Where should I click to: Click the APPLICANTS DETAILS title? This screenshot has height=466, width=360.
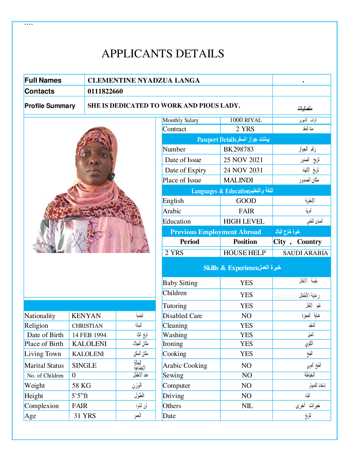pyautogui.click(x=163, y=54)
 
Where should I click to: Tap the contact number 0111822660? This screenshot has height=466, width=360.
pyautogui.click(x=105, y=91)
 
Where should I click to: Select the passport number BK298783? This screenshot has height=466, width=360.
pyautogui.click(x=238, y=149)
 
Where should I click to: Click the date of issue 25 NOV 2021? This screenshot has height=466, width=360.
pyautogui.click(x=243, y=160)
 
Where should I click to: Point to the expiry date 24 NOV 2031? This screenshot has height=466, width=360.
pyautogui.click(x=243, y=170)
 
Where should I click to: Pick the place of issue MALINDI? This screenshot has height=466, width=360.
pyautogui.click(x=238, y=180)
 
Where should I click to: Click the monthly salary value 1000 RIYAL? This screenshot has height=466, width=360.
pyautogui.click(x=246, y=120)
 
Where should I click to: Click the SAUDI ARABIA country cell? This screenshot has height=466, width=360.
pyautogui.click(x=305, y=253)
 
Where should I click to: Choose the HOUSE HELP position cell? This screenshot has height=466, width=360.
pyautogui.click(x=244, y=253)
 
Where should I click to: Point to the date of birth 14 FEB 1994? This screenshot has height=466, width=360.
pyautogui.click(x=89, y=335)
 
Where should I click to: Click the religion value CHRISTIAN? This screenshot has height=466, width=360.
pyautogui.click(x=87, y=326)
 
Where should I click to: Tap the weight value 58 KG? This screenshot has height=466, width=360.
pyautogui.click(x=81, y=385)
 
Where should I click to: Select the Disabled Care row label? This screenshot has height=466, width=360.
pyautogui.click(x=182, y=316)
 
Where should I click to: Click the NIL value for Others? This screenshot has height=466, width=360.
pyautogui.click(x=247, y=406)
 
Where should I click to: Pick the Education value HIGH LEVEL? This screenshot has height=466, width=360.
pyautogui.click(x=244, y=221)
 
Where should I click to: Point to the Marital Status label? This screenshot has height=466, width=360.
pyautogui.click(x=44, y=365)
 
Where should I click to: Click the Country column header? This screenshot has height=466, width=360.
pyautogui.click(x=309, y=242)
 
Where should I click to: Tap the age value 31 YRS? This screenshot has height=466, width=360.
pyautogui.click(x=85, y=416)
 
